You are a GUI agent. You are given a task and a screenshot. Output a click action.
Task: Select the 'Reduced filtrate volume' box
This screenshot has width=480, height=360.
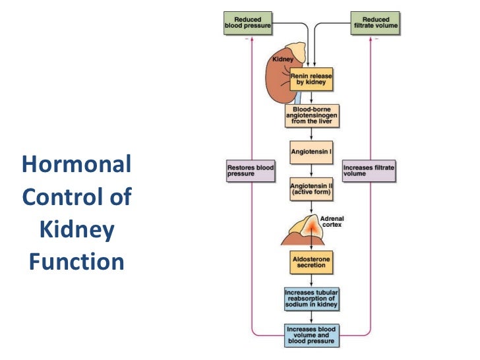pyautogui.click(x=375, y=23)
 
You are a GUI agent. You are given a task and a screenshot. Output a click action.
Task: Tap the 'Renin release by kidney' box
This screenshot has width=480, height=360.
pyautogui.click(x=312, y=80)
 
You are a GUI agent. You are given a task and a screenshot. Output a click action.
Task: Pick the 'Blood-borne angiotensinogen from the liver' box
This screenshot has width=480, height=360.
pyautogui.click(x=312, y=115)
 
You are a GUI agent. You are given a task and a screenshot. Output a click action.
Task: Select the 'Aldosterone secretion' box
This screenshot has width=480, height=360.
pyautogui.click(x=312, y=262)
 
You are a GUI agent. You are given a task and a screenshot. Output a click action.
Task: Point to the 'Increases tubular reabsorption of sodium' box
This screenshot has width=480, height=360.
pyautogui.click(x=312, y=298)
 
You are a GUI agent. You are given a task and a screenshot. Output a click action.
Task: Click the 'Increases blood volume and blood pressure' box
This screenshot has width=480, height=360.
pyautogui.click(x=312, y=335)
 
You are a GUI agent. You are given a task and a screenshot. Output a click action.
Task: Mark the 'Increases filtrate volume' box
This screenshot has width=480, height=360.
pyautogui.click(x=369, y=171)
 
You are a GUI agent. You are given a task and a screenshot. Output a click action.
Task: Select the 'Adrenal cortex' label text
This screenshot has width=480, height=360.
pyautogui.click(x=332, y=222)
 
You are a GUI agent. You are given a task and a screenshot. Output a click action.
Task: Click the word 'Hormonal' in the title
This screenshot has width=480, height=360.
pyautogui.click(x=76, y=164)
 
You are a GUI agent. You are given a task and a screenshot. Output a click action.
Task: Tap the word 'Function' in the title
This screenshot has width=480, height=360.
pyautogui.click(x=76, y=262)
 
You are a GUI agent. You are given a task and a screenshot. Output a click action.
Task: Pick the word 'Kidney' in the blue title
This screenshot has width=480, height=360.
pyautogui.click(x=76, y=229)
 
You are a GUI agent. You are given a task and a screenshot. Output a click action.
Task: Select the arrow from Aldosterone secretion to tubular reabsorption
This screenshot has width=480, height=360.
pyautogui.click(x=312, y=280)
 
